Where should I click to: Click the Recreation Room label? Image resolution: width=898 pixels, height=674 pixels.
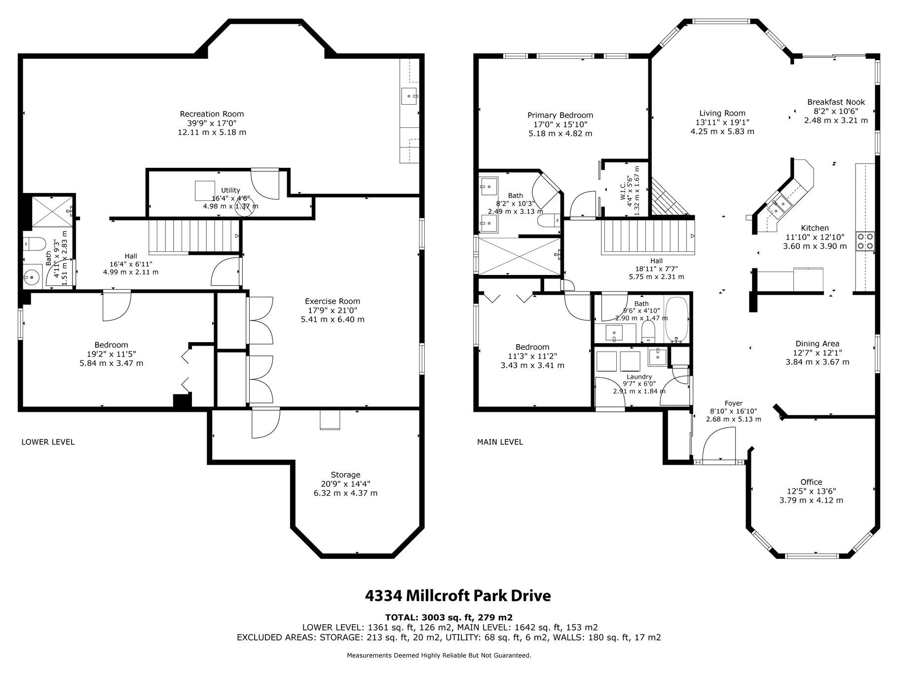pyautogui.click(x=212, y=114)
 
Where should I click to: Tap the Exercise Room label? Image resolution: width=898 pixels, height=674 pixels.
pyautogui.click(x=333, y=301)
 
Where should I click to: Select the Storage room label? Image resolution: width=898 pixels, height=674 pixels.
pyautogui.click(x=345, y=475)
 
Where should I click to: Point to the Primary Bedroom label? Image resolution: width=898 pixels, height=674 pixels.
pyautogui.click(x=560, y=116)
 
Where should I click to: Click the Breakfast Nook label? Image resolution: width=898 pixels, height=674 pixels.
pyautogui.click(x=836, y=102)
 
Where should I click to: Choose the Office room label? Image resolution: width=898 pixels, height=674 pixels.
pyautogui.click(x=811, y=482)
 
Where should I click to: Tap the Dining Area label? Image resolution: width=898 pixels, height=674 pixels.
pyautogui.click(x=817, y=344)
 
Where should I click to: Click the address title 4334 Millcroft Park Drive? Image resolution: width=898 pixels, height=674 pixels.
pyautogui.click(x=458, y=595)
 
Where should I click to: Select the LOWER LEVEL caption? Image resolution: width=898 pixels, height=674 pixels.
pyautogui.click(x=48, y=442)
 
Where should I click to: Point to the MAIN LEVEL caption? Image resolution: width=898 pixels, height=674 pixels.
pyautogui.click(x=500, y=442)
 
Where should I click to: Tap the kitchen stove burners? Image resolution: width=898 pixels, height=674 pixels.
pyautogui.click(x=865, y=240)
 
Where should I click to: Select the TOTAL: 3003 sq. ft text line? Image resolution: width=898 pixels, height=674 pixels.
pyautogui.click(x=449, y=617)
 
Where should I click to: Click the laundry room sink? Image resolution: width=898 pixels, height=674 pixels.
pyautogui.click(x=657, y=357)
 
